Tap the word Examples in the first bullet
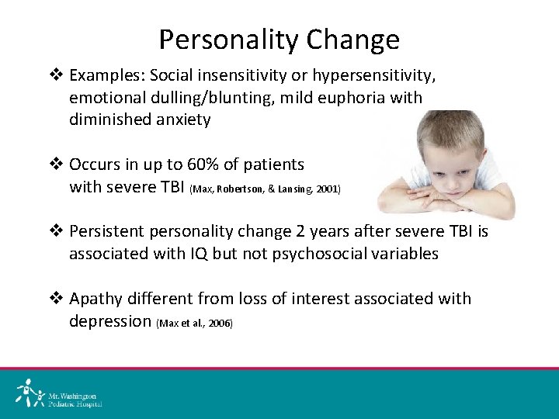click(105, 76)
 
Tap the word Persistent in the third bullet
click(106, 232)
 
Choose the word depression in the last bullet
click(110, 320)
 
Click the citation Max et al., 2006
click(194, 323)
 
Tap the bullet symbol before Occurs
click(56, 164)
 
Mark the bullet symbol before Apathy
click(56, 299)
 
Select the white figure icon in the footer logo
click(29, 393)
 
